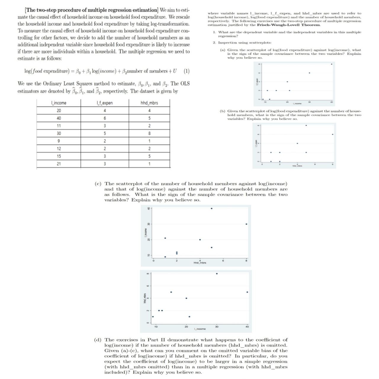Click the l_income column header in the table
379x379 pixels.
click(x=59, y=103)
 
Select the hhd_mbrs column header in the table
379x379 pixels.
click(x=149, y=103)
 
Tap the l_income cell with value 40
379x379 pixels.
click(x=59, y=118)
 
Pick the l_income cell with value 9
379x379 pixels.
click(x=59, y=141)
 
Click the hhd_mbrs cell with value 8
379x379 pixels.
click(x=149, y=133)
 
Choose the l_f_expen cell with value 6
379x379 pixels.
click(x=105, y=118)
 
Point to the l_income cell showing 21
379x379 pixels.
click(x=59, y=164)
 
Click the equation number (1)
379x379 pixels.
click(x=187, y=71)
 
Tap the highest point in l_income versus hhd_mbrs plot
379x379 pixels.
click(x=211, y=208)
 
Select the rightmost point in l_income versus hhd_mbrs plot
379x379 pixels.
click(x=246, y=224)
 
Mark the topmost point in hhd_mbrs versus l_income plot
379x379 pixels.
click(x=217, y=274)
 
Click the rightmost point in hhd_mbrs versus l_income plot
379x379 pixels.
click(x=247, y=292)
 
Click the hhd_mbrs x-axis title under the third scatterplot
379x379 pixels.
click(x=200, y=263)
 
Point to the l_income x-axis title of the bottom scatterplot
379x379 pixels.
click(x=200, y=329)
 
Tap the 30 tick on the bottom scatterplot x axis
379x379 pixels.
click(x=217, y=327)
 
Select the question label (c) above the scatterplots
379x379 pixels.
click(x=98, y=184)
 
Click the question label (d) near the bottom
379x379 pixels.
click(x=98, y=340)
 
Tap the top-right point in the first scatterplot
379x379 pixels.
click(x=331, y=64)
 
